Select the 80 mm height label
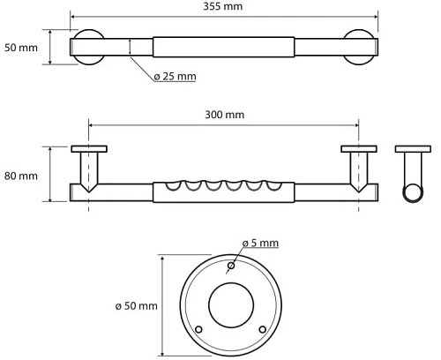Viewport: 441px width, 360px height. [x=21, y=176]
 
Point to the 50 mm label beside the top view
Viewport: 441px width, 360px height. [x=21, y=47]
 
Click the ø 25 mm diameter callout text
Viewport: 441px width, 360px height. [x=175, y=77]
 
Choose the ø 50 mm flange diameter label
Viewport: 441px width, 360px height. [x=136, y=305]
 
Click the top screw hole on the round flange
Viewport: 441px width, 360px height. [x=230, y=266]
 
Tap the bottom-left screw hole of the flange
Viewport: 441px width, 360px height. [x=198, y=329]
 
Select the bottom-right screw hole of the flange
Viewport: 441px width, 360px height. [x=262, y=329]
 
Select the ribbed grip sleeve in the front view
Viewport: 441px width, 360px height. [x=222, y=192]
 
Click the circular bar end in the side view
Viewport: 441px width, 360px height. [x=412, y=193]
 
